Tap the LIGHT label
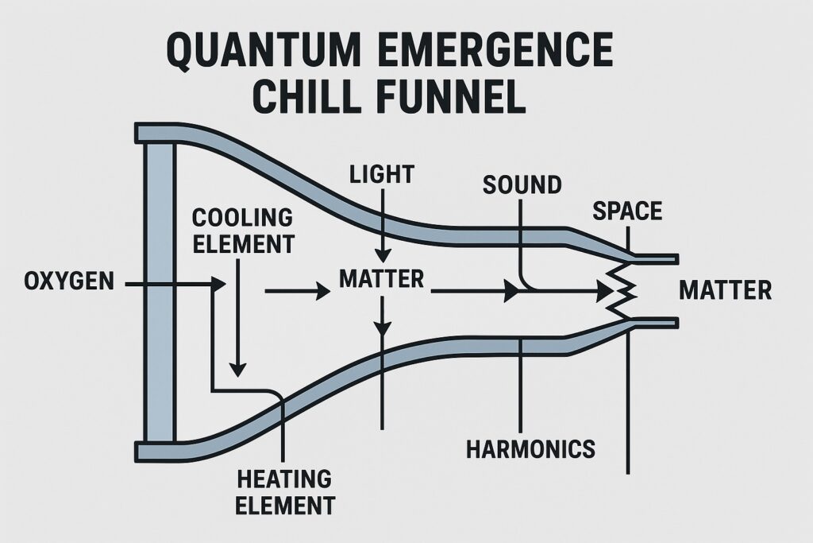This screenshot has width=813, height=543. pyautogui.click(x=382, y=173)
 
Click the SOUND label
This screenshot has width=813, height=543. pyautogui.click(x=522, y=185)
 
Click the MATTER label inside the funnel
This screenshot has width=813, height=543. pyautogui.click(x=382, y=279)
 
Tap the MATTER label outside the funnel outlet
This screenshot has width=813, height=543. pyautogui.click(x=725, y=290)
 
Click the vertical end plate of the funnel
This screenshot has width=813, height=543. pyautogui.click(x=158, y=293)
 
